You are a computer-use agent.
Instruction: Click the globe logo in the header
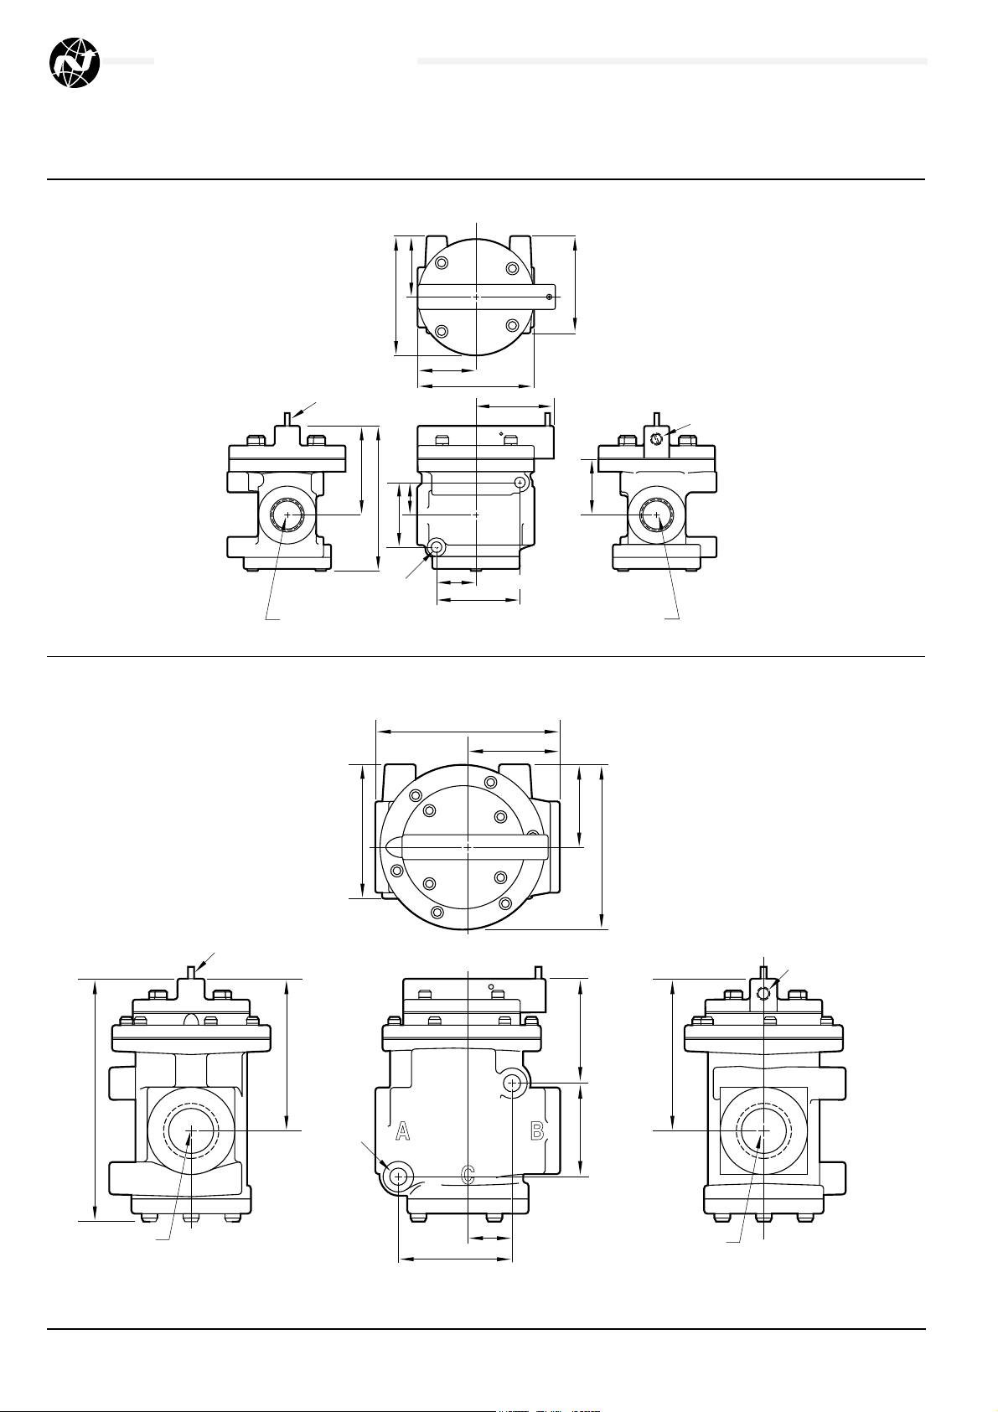tap(75, 62)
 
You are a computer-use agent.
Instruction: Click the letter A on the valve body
tap(402, 1131)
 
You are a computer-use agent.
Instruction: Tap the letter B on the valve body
tap(537, 1131)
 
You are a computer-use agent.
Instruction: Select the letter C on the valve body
tap(468, 1174)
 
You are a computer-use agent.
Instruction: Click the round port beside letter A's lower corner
tap(399, 1177)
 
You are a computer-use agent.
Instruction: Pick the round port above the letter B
tap(513, 1084)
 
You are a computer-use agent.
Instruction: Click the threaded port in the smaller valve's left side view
tap(288, 515)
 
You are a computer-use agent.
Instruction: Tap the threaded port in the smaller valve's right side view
tap(657, 515)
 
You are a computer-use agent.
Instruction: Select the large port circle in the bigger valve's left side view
tap(191, 1131)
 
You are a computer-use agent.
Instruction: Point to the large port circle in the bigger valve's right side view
tap(763, 1131)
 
